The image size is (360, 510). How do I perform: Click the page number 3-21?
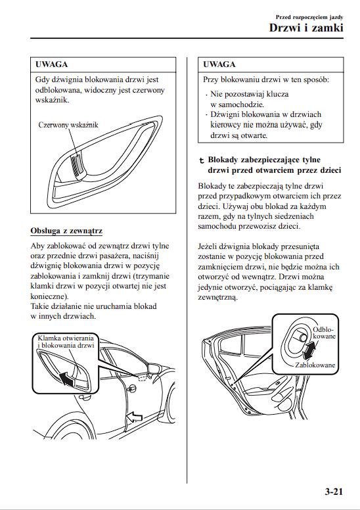click(x=334, y=491)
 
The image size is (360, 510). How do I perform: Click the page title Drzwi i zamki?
click(x=306, y=28)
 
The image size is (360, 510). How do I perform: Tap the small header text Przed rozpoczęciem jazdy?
click(x=309, y=17)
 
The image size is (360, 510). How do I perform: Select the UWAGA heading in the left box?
click(x=52, y=64)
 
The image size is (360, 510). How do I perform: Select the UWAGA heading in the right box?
click(x=219, y=64)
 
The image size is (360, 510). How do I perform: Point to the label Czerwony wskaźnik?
click(x=68, y=125)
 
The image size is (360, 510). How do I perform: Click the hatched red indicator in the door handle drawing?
click(x=77, y=164)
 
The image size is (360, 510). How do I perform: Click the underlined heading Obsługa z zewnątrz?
click(x=66, y=231)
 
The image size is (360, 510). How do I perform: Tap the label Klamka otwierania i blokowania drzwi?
click(x=66, y=342)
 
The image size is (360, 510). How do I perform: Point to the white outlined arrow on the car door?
click(x=134, y=417)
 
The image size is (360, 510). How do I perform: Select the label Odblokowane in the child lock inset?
click(x=324, y=333)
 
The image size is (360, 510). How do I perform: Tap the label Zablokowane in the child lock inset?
click(x=315, y=365)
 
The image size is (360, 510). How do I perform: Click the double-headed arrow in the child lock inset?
click(x=309, y=350)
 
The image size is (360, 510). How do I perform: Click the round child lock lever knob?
click(x=302, y=337)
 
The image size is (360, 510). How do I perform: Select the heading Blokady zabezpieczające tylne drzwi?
click(x=274, y=165)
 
